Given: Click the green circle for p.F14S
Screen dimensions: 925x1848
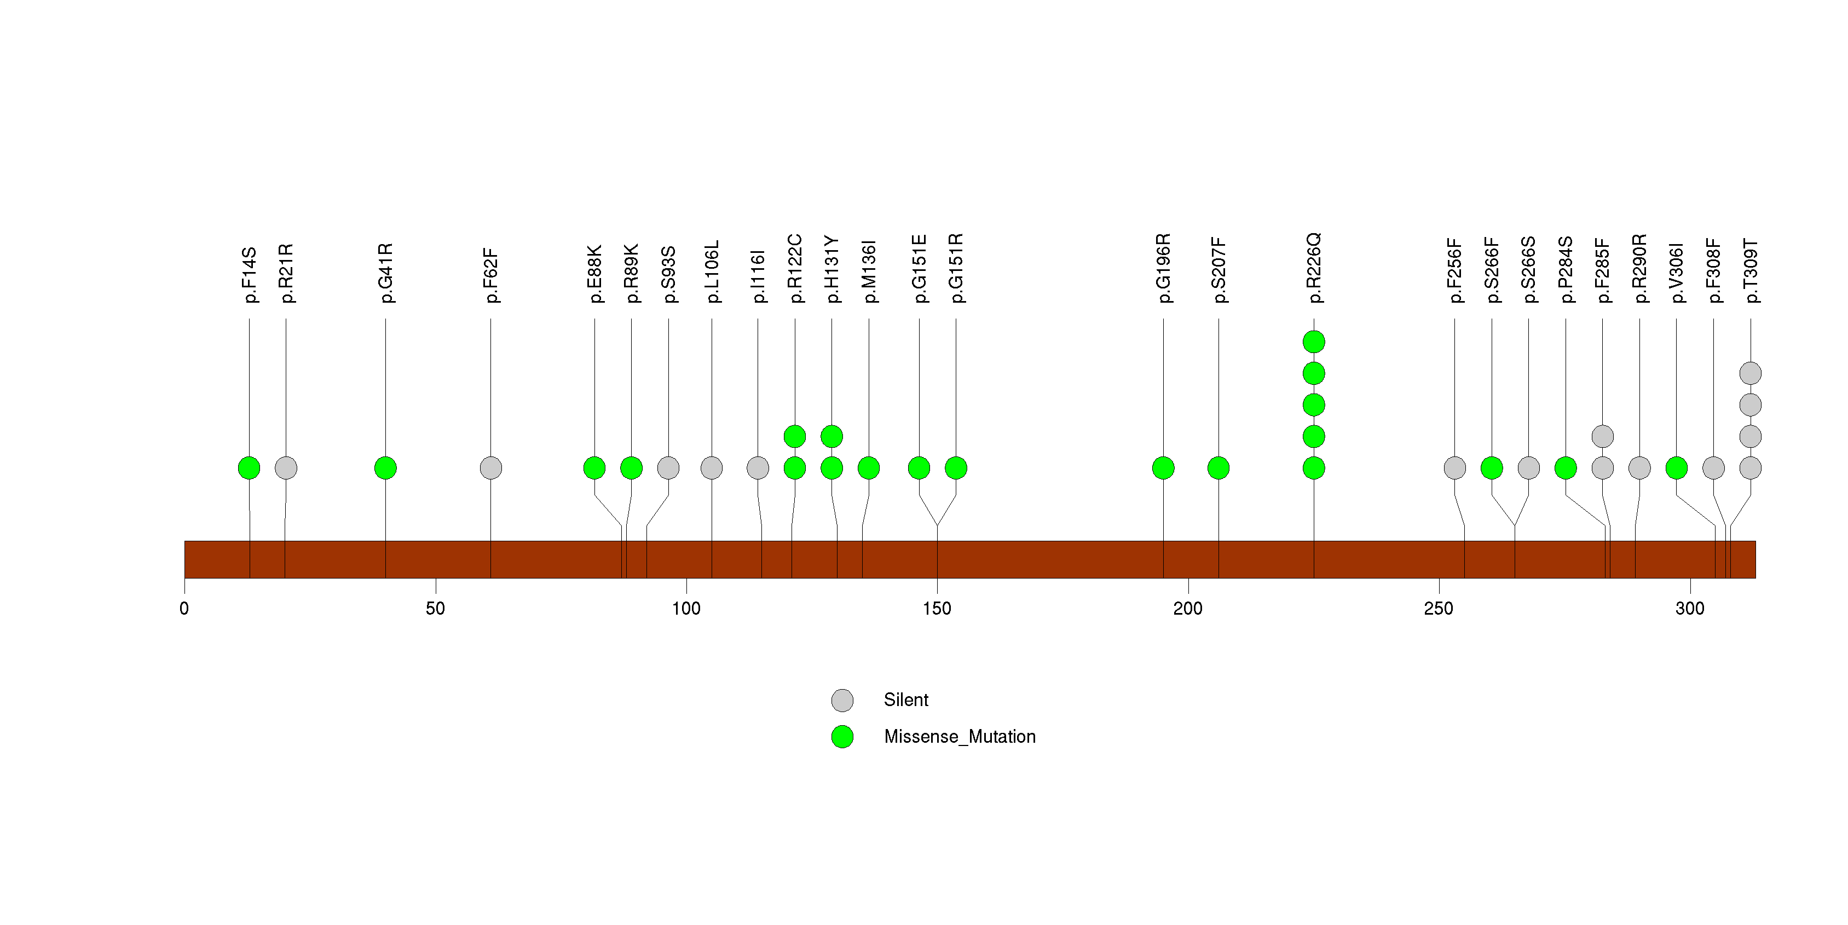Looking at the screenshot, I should (249, 467).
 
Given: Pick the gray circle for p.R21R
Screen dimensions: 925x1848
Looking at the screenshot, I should (286, 467).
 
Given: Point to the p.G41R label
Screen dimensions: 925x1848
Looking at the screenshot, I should (385, 273).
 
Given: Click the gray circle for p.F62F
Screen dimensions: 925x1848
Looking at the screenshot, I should (490, 467).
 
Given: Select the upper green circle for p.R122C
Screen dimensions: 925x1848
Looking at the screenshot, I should (794, 436).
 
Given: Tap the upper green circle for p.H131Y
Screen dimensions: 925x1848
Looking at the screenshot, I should (831, 436).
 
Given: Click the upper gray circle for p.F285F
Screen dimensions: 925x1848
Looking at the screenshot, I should (1602, 436).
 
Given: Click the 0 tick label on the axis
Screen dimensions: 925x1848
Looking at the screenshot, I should (184, 609).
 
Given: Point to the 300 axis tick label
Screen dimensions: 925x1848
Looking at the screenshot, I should (1689, 609).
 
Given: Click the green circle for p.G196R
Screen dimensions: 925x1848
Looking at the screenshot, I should (1163, 467).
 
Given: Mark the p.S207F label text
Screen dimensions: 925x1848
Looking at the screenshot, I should (1218, 270).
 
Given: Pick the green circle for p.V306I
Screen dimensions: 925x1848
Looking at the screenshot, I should (1676, 467).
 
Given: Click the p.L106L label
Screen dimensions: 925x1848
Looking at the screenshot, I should (711, 272).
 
